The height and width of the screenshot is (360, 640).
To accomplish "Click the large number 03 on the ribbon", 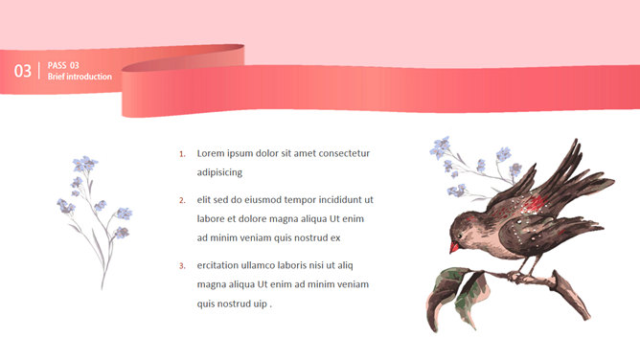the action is point(23,71).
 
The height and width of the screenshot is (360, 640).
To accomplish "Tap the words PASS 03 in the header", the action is point(63,65).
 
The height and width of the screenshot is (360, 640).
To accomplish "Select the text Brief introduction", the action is point(80,77).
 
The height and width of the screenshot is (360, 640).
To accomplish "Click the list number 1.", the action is point(182,154).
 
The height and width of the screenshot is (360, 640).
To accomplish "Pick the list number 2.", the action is point(182,200).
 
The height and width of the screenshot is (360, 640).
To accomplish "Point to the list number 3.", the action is point(182,266).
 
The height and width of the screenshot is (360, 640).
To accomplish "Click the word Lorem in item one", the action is point(211,153).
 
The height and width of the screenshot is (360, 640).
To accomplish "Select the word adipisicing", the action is point(219,172).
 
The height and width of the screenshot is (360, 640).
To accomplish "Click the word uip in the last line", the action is point(260,304).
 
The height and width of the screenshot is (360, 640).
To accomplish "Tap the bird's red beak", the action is point(454,247).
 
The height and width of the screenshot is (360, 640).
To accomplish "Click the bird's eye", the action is point(460,236).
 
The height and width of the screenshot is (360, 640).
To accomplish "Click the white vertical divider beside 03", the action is point(39,71).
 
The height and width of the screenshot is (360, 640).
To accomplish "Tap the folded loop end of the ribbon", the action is point(183,58).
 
